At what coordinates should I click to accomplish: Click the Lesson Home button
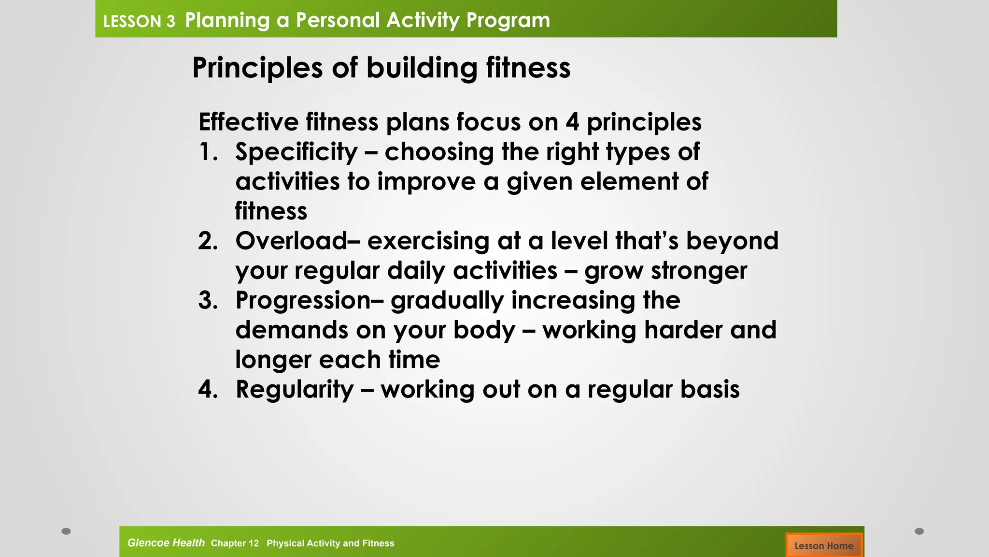coord(823,545)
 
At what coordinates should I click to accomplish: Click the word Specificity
coord(296,152)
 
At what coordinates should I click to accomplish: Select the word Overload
coord(291,241)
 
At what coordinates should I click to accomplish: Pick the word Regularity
coord(295,390)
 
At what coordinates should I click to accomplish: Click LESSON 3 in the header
coord(139,22)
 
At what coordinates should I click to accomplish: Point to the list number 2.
coord(208,241)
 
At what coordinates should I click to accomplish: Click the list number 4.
coord(208,390)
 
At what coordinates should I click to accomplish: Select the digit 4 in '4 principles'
coord(572,122)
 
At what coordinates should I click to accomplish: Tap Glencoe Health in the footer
coord(166,543)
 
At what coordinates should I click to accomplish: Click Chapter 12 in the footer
coord(235,543)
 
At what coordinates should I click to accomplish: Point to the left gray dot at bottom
coord(66,531)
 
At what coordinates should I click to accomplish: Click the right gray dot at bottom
coord(919,531)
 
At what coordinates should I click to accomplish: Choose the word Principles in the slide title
coord(257,68)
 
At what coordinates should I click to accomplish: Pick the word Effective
coord(248,122)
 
